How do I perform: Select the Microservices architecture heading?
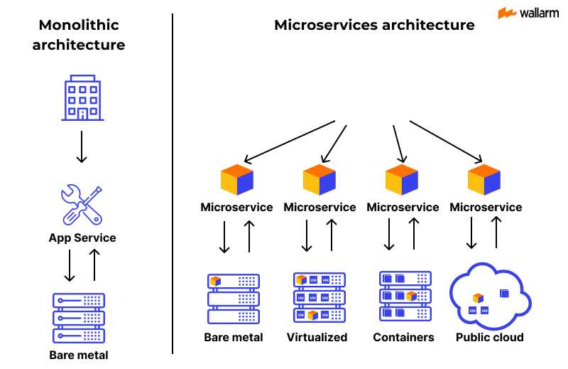pyautogui.click(x=374, y=25)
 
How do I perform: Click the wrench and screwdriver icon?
pyautogui.click(x=82, y=205)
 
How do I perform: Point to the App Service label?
pyautogui.click(x=82, y=237)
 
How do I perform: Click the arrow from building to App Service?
pyautogui.click(x=82, y=146)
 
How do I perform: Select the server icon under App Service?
pyautogui.click(x=79, y=317)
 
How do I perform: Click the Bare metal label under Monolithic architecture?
pyautogui.click(x=79, y=355)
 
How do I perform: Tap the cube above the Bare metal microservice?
pyautogui.click(x=236, y=180)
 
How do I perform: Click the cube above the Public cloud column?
pyautogui.click(x=485, y=180)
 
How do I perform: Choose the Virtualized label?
pyautogui.click(x=317, y=337)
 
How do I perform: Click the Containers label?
pyautogui.click(x=403, y=337)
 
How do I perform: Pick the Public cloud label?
pyautogui.click(x=489, y=337)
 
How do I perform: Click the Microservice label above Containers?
pyautogui.click(x=403, y=208)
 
